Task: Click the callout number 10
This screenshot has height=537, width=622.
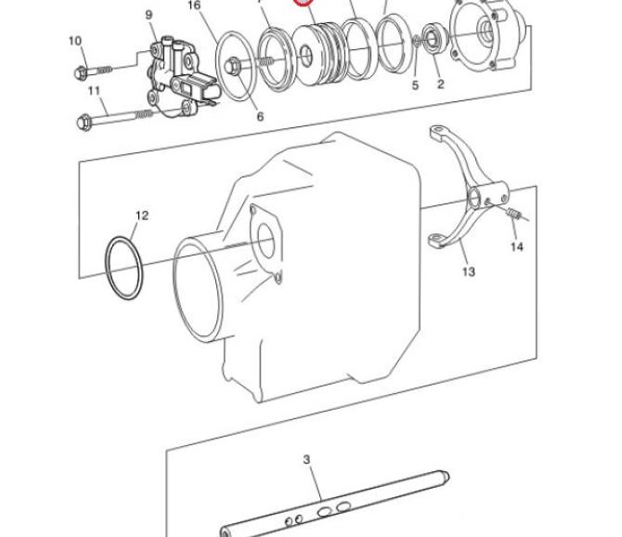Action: click(75, 41)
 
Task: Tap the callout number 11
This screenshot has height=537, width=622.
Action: click(94, 91)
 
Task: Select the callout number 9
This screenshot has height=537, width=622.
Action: click(149, 15)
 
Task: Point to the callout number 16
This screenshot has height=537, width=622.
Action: click(194, 6)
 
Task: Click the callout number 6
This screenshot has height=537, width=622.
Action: click(260, 116)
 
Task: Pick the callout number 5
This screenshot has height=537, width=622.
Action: click(415, 85)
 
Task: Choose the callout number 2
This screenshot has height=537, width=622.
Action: click(441, 85)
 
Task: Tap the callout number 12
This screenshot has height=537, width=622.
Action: click(142, 216)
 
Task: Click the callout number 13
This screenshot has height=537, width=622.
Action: click(469, 272)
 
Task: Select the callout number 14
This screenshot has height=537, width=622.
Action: click(516, 247)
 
